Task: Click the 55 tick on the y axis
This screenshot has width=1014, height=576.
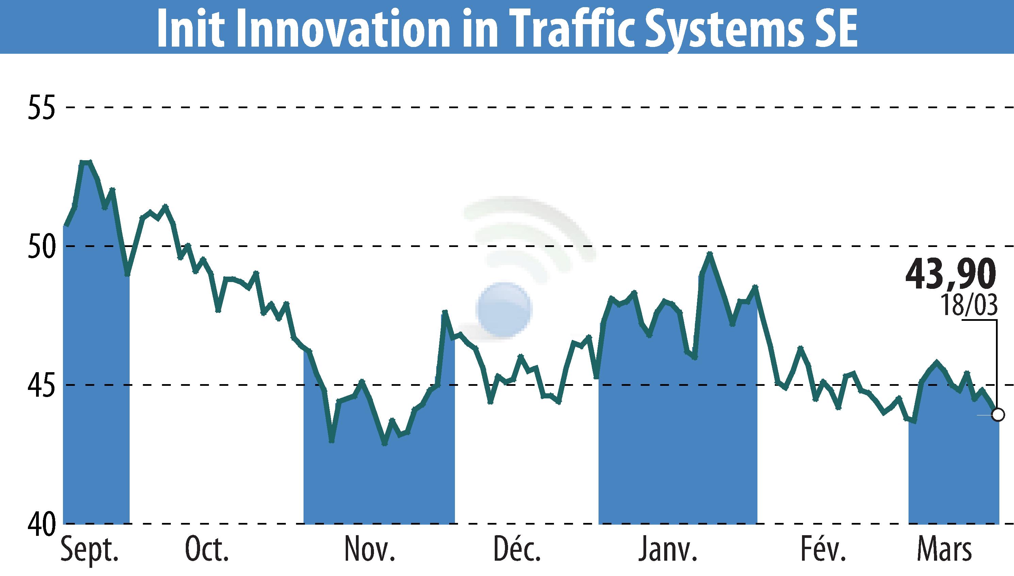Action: coord(41,107)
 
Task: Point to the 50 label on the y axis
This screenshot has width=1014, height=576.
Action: coord(41,246)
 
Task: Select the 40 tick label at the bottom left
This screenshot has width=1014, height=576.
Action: coord(41,524)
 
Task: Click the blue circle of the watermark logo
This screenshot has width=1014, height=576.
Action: coord(503,310)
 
